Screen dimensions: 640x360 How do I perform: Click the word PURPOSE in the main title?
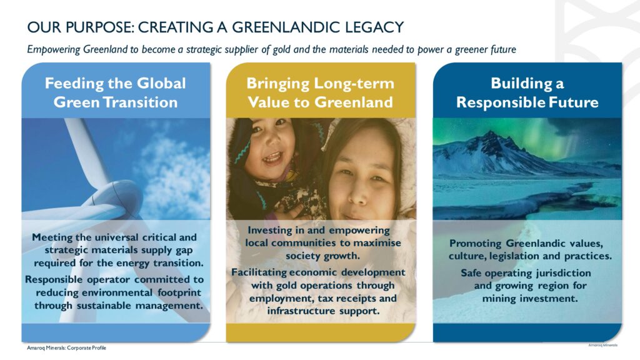(99, 27)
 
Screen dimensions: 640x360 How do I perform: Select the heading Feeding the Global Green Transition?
(116, 92)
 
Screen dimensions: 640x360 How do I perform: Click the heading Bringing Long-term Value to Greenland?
(321, 92)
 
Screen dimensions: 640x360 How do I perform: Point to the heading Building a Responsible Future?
(527, 92)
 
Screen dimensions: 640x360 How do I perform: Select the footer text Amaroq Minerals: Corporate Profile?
(66, 347)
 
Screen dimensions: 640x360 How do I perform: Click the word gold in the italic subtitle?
(281, 49)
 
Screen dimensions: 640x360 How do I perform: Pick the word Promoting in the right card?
(476, 244)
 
